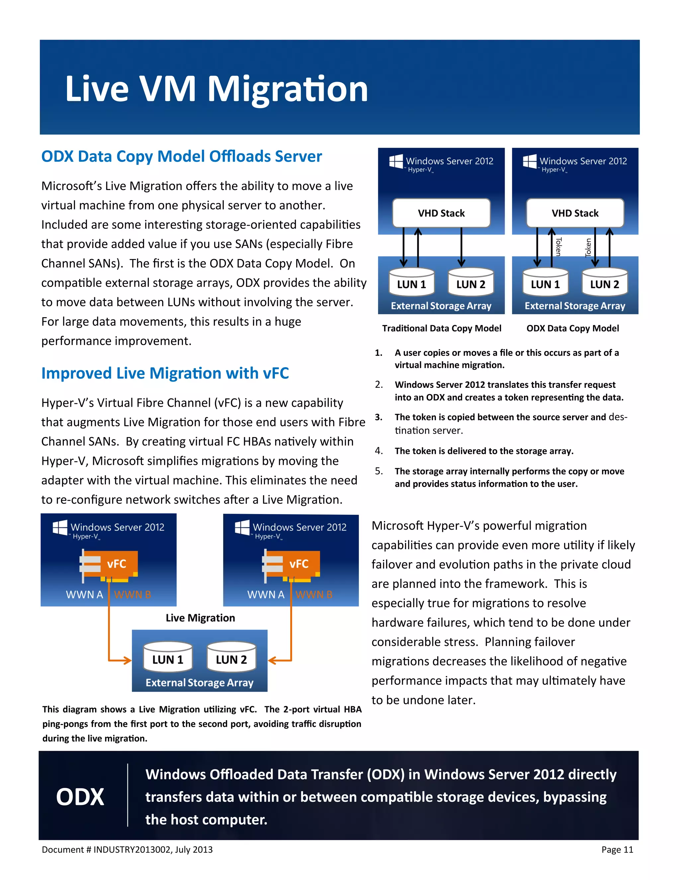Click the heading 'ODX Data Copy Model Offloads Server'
[x=181, y=156]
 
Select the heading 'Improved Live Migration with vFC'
[x=165, y=373]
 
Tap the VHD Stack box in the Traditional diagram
[x=441, y=213]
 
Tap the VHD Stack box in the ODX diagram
[x=575, y=213]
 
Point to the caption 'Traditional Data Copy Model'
[x=442, y=328]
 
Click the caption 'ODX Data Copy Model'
[x=572, y=328]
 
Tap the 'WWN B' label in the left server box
[x=132, y=595]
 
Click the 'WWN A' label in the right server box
[x=266, y=595]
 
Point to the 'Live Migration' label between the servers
[x=200, y=618]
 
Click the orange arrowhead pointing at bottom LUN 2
[x=272, y=660]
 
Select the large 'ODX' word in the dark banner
[x=80, y=797]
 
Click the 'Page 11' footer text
[x=617, y=850]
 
